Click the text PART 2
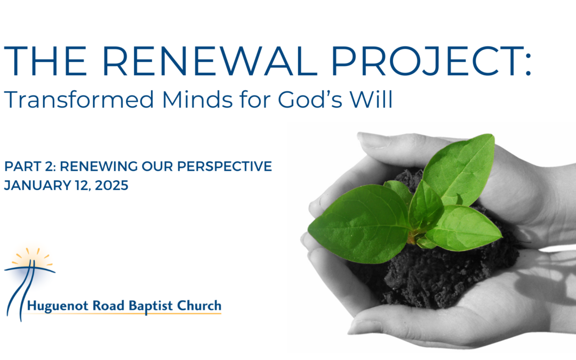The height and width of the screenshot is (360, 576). [x=30, y=167]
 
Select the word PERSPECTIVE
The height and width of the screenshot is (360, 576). [x=226, y=167]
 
